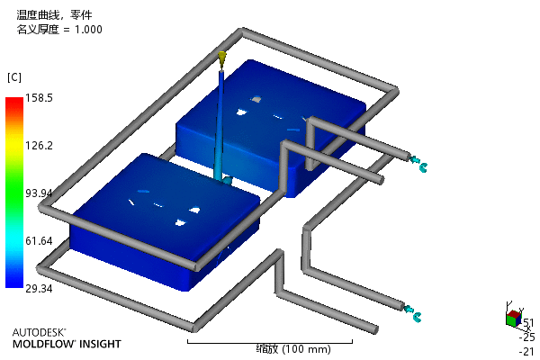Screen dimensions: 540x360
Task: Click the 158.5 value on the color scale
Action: (39, 98)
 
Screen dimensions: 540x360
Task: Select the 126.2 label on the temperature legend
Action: (39, 146)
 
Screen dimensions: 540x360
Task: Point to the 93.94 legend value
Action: (39, 193)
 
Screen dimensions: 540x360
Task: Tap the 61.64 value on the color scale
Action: (39, 240)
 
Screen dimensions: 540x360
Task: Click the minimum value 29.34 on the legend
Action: (39, 288)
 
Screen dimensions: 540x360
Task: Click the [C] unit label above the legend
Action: (14, 77)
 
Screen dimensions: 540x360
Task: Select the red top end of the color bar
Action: (14, 101)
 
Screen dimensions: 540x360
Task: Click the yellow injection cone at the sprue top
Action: (222, 58)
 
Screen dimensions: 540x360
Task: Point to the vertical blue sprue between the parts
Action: (220, 125)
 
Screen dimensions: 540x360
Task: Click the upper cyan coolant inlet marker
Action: (418, 164)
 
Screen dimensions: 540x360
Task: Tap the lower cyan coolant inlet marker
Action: (413, 313)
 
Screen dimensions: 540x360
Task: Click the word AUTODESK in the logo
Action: (38, 332)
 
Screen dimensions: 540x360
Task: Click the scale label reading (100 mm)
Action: (306, 349)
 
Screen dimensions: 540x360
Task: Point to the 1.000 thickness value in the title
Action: (88, 30)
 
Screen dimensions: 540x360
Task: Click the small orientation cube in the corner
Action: (514, 319)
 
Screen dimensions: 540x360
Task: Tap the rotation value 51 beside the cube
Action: (528, 323)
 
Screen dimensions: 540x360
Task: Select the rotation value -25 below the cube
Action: (526, 337)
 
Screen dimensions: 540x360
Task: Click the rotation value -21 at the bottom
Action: (526, 351)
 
